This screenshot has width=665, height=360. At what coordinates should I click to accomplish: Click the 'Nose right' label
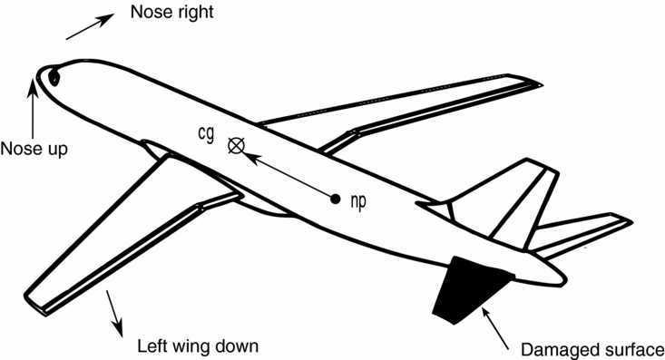(172, 14)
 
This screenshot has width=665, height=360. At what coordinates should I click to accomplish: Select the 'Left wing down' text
(199, 346)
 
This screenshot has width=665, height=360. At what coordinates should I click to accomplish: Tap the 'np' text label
(357, 201)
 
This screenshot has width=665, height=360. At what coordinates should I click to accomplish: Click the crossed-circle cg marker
(238, 144)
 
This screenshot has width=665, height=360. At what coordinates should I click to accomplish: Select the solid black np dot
(336, 198)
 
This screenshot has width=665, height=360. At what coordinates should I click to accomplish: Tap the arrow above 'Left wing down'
(114, 310)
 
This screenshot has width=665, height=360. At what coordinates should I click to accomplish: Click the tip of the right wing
(536, 85)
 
